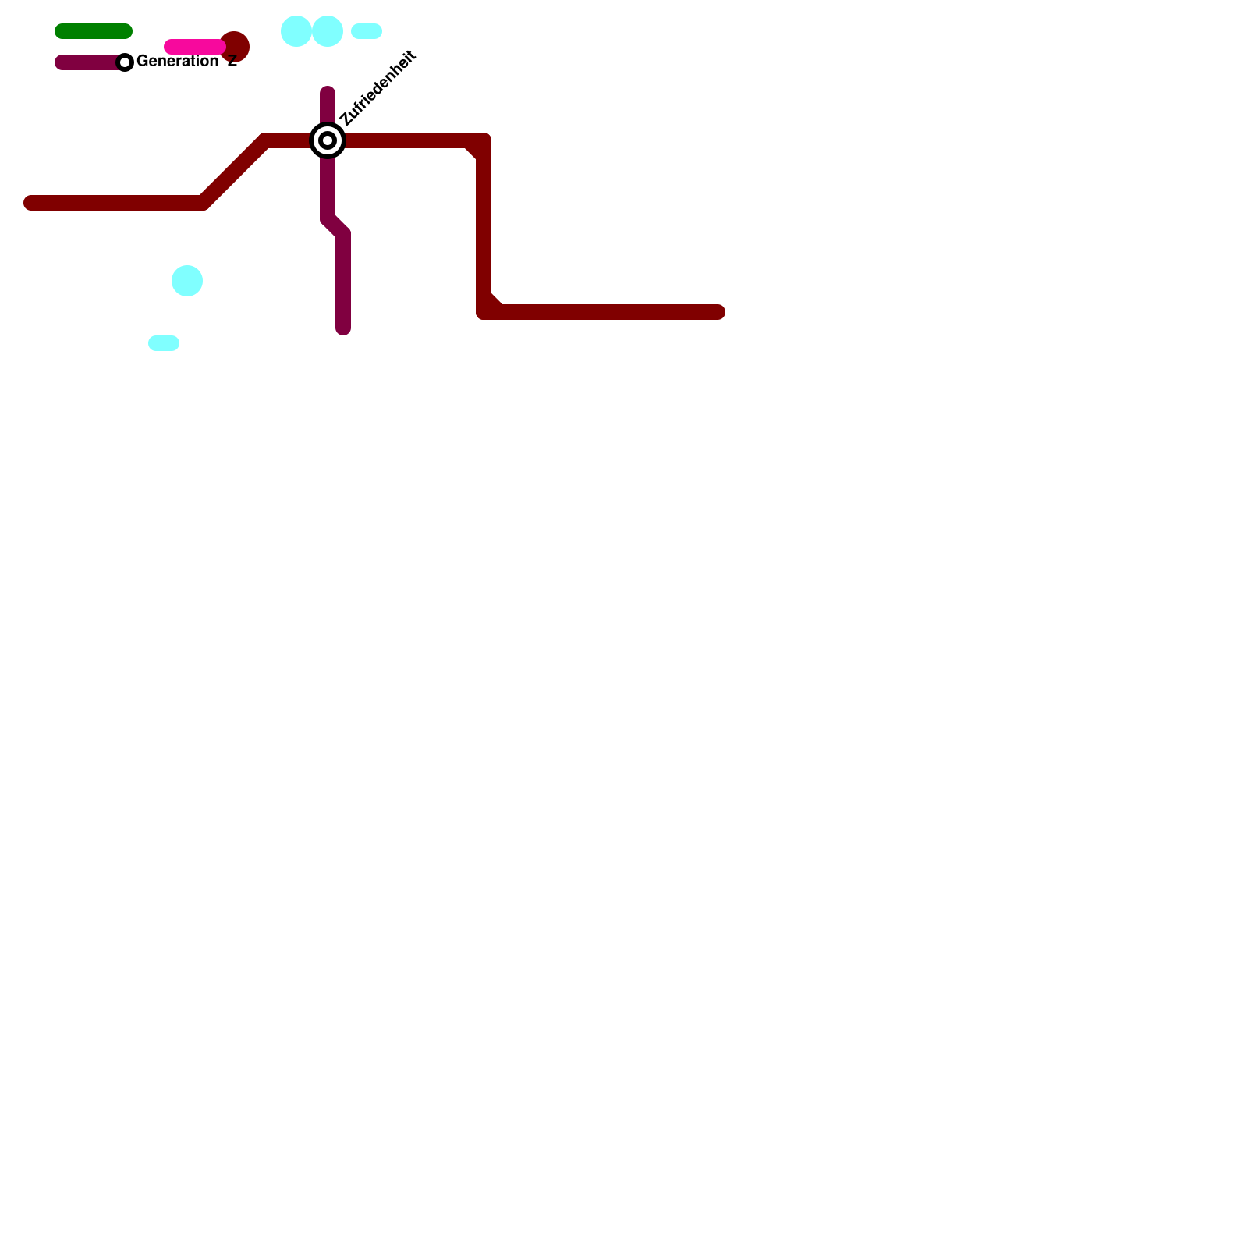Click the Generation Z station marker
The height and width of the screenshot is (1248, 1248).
click(x=125, y=62)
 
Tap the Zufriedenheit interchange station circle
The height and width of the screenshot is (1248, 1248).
click(x=328, y=140)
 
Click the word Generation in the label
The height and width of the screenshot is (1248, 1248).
click(x=177, y=61)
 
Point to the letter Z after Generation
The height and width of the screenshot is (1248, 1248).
click(x=232, y=62)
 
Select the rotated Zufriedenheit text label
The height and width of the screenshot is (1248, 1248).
click(x=378, y=88)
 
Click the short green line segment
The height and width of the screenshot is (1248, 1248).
click(x=94, y=31)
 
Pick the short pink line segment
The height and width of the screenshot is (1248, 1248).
click(x=193, y=47)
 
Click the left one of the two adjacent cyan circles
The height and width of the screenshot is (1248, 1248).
click(x=296, y=31)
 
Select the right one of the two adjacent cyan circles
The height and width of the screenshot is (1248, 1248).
click(x=328, y=31)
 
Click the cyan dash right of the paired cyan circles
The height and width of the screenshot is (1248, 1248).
click(x=367, y=31)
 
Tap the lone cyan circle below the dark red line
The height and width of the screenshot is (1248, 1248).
click(x=187, y=281)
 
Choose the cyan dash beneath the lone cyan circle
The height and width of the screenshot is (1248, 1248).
click(x=164, y=343)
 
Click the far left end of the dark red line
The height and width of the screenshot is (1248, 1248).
click(x=31, y=204)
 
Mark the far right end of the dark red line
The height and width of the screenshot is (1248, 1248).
click(x=718, y=312)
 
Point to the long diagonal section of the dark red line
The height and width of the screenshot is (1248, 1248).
click(x=234, y=172)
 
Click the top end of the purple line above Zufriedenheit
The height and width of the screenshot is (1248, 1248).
click(x=328, y=94)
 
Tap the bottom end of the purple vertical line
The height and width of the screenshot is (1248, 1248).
click(x=343, y=328)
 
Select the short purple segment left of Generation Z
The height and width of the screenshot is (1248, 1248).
click(x=86, y=62)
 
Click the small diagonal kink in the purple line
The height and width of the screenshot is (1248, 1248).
click(x=335, y=226)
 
